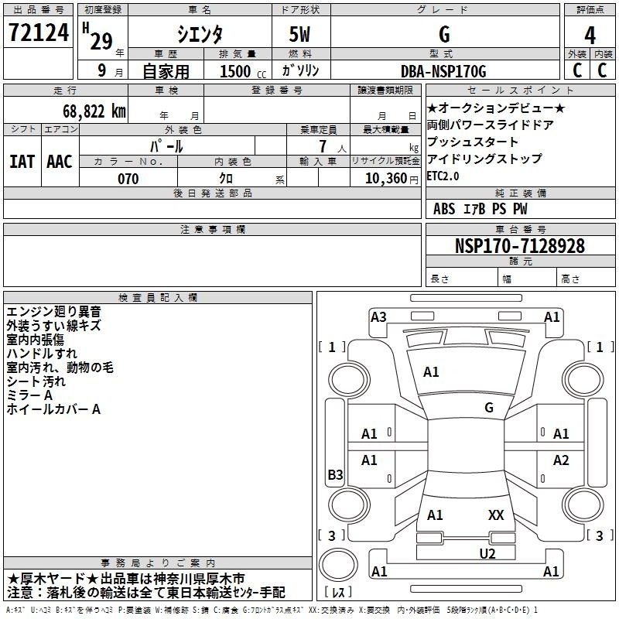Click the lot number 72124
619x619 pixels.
(39, 32)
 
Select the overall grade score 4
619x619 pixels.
(590, 36)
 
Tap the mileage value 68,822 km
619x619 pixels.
(94, 111)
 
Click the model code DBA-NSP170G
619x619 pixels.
(443, 71)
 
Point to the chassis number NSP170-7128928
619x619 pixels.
(520, 246)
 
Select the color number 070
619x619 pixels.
(128, 179)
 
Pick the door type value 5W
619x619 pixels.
(299, 34)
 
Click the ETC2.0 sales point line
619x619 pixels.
(443, 176)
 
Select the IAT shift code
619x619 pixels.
(22, 162)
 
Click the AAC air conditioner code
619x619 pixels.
(60, 162)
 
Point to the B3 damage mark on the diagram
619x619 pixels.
(335, 474)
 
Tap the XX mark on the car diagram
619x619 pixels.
(496, 515)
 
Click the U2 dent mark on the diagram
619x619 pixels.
(487, 554)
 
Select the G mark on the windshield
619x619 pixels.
(489, 408)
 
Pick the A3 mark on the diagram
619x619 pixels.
(378, 317)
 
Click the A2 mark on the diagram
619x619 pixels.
(561, 460)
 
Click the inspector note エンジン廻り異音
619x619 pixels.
(53, 312)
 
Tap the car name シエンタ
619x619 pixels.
(200, 34)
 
